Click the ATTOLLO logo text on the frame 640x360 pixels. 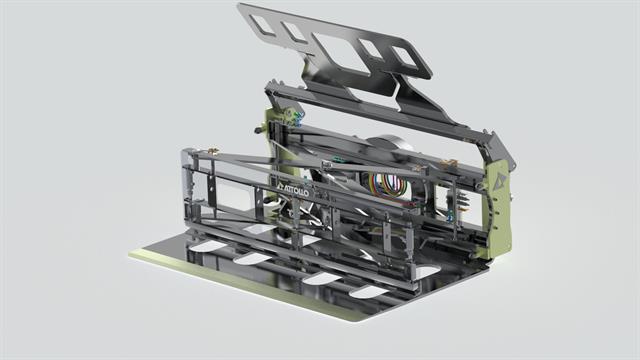pyautogui.click(x=293, y=189)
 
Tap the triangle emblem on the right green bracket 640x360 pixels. pyautogui.click(x=499, y=181)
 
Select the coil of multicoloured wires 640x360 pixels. pyautogui.click(x=388, y=183)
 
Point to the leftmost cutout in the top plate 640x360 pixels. pyautogui.click(x=262, y=24)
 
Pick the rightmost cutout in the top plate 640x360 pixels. pyautogui.click(x=404, y=56)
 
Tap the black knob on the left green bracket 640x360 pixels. pyautogui.click(x=258, y=131)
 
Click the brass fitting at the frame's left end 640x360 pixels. pyautogui.click(x=212, y=150)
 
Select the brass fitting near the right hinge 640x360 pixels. pyautogui.click(x=448, y=164)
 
